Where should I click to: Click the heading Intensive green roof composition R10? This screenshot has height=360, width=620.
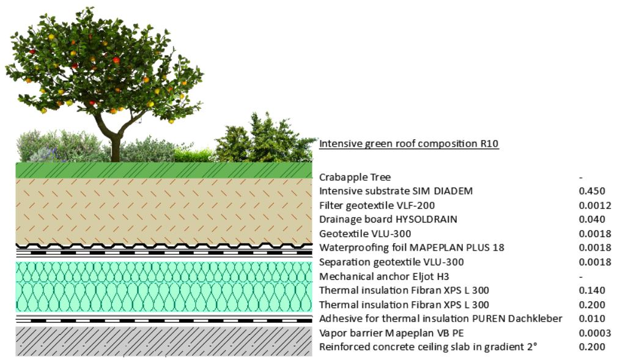point(409,144)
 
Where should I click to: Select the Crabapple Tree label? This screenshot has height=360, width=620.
point(355,177)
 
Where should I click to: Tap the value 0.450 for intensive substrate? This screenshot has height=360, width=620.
point(592,191)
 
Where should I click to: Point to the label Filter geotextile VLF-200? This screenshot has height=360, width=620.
point(377,205)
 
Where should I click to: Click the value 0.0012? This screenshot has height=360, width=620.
point(595,205)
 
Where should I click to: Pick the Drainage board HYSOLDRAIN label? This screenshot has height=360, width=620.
point(388,219)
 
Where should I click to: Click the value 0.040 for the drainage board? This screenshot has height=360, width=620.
point(592,219)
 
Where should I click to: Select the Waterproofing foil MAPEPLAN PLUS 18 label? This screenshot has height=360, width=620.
point(411,248)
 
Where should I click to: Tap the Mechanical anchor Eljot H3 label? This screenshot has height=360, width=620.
point(384,276)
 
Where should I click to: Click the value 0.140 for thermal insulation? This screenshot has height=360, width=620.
point(592,290)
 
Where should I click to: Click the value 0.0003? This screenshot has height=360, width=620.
point(595,333)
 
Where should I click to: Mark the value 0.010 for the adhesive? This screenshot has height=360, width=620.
point(592,318)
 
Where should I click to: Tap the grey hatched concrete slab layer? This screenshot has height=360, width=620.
point(164,341)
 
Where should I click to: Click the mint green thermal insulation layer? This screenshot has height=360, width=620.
point(164,287)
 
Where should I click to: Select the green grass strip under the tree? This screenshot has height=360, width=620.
point(164,171)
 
